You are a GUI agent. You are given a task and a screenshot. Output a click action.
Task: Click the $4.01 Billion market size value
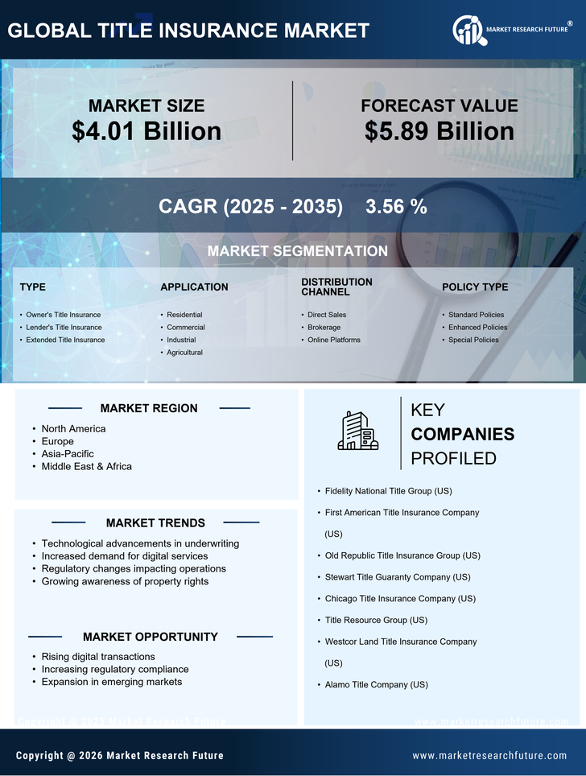pyautogui.click(x=146, y=131)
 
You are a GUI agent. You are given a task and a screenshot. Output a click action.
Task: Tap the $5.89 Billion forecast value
pyautogui.click(x=439, y=131)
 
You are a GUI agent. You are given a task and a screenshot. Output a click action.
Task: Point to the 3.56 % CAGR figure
pyautogui.click(x=396, y=206)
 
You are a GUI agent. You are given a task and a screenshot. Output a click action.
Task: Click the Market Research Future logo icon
pyautogui.click(x=468, y=31)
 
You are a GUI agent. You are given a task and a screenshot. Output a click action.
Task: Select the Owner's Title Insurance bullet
pyautogui.click(x=64, y=315)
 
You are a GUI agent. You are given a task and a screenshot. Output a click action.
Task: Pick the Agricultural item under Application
pyautogui.click(x=184, y=353)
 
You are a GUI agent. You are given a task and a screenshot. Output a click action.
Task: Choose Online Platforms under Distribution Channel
pyautogui.click(x=334, y=340)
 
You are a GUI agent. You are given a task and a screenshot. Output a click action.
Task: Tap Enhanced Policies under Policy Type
pyautogui.click(x=477, y=328)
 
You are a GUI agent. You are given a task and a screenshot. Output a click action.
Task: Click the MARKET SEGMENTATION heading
pyautogui.click(x=297, y=251)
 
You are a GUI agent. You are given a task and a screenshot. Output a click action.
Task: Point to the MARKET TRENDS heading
pyautogui.click(x=155, y=523)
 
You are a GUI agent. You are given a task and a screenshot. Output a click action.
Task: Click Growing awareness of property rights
pyautogui.click(x=125, y=581)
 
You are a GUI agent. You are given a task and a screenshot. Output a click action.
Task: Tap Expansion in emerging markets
pyautogui.click(x=112, y=682)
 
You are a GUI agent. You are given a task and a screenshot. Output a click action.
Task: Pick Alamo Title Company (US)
pyautogui.click(x=376, y=685)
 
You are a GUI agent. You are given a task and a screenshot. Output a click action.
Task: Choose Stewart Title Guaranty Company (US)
pyautogui.click(x=398, y=577)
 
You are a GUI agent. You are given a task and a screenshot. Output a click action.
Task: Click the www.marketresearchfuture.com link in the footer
pyautogui.click(x=489, y=756)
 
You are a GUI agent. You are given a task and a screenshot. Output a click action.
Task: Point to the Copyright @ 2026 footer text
pyautogui.click(x=120, y=756)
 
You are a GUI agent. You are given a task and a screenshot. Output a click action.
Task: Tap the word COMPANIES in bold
pyautogui.click(x=462, y=435)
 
